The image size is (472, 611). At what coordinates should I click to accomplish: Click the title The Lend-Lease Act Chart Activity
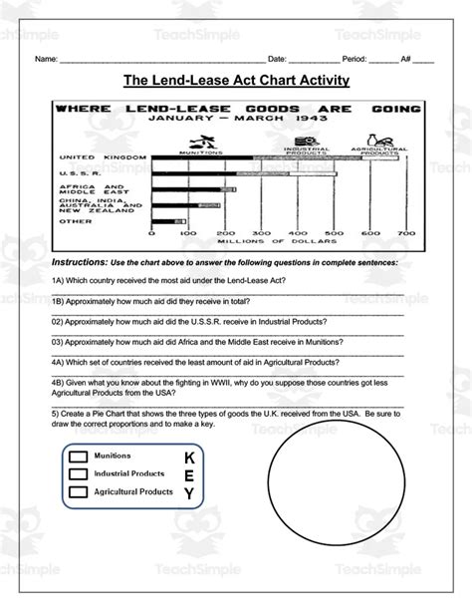coord(235,80)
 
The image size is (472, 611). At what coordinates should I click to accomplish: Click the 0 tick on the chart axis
coord(151,232)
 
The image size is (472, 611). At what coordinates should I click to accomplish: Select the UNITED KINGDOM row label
coord(89,157)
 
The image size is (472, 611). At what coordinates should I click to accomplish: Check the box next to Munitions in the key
coord(78,457)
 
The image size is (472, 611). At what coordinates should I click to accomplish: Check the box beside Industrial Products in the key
coord(78,474)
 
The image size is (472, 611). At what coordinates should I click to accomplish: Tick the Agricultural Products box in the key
coord(78,492)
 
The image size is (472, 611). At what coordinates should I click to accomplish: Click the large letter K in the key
coord(189,457)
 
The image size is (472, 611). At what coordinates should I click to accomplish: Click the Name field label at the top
coord(46,59)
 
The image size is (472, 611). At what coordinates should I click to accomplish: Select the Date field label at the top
coord(278,59)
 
